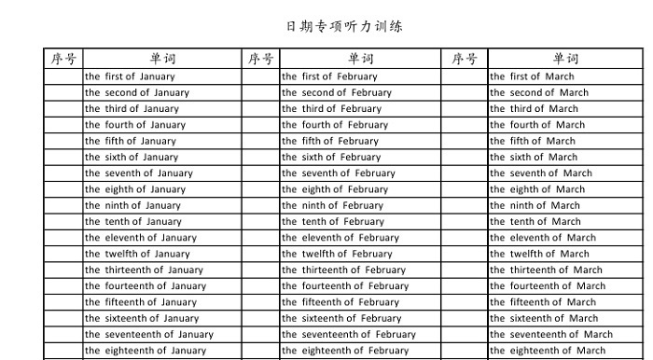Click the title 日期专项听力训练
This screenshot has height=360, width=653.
[x=344, y=26]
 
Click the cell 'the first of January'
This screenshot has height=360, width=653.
[x=130, y=76]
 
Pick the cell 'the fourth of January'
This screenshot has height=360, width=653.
[x=135, y=125]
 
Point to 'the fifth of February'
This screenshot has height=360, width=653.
[x=330, y=141]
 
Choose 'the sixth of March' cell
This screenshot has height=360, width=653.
[x=533, y=157]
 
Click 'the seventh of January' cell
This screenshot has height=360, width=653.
[x=139, y=173]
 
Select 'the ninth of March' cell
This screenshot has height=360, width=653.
[x=535, y=205]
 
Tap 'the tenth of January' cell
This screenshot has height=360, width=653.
[x=133, y=222]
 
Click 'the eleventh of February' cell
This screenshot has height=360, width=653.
[x=340, y=238]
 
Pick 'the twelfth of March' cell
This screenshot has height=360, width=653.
[x=539, y=254]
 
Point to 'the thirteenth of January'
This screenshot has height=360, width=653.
[x=144, y=270]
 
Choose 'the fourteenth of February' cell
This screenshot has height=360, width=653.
[x=345, y=286]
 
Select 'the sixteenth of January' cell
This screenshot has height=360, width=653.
[x=142, y=318]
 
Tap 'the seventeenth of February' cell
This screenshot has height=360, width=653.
[x=348, y=334]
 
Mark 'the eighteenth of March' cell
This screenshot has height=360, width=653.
[x=547, y=351]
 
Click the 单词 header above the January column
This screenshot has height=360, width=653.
[x=163, y=59]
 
